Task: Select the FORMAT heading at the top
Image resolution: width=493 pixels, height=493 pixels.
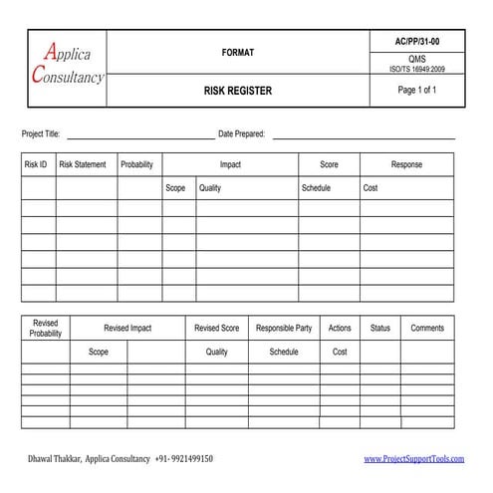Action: [x=238, y=52]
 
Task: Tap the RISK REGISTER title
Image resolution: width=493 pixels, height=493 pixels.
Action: [x=238, y=91]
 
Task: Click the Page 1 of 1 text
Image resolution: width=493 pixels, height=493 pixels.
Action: [x=417, y=91]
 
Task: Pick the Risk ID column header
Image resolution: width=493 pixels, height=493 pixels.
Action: [x=36, y=165]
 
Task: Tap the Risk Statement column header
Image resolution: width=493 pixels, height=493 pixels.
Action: [x=83, y=165]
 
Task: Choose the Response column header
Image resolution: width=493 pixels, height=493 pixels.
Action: [x=406, y=165]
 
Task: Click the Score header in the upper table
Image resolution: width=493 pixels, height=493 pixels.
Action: [x=329, y=165]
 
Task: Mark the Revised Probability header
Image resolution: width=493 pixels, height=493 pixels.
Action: [x=46, y=329]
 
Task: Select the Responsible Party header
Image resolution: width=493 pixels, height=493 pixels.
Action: [x=284, y=329]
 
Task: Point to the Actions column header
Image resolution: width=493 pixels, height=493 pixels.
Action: [x=340, y=329]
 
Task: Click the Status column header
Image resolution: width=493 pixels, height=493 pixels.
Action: [x=380, y=329]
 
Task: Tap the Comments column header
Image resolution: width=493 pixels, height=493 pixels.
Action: [x=427, y=329]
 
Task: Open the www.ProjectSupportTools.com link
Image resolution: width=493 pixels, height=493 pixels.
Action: [x=414, y=459]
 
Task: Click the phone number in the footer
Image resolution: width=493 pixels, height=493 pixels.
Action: [x=184, y=459]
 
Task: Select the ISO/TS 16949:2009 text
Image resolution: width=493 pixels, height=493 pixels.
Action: [x=417, y=70]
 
